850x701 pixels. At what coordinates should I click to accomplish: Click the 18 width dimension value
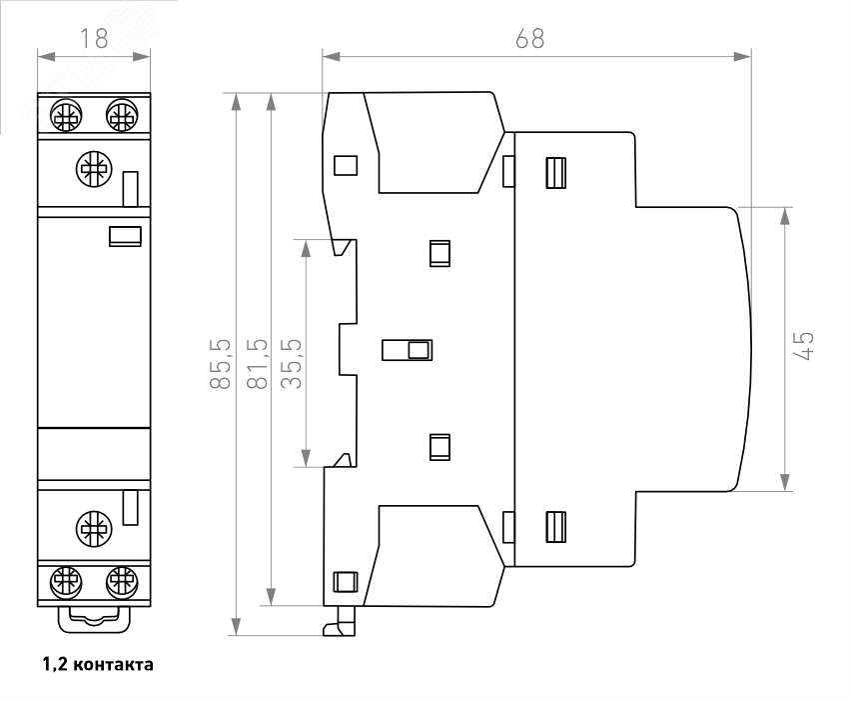coord(94,39)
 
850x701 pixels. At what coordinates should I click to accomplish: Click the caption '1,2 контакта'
coord(97,663)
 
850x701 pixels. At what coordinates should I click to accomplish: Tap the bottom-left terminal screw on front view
coord(66,580)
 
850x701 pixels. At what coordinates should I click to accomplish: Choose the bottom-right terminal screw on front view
coord(121,580)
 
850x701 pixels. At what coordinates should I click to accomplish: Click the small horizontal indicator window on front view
coord(125,237)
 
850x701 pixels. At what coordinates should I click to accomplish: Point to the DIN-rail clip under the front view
coord(94,618)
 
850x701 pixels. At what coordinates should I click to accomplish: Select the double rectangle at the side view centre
coord(408,350)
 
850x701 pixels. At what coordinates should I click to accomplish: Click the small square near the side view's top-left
coord(345,165)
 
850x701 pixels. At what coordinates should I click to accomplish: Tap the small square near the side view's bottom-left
coord(345,581)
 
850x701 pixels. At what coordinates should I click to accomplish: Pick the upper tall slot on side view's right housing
coord(555,174)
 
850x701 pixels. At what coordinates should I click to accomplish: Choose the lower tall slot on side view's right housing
coord(555,526)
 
